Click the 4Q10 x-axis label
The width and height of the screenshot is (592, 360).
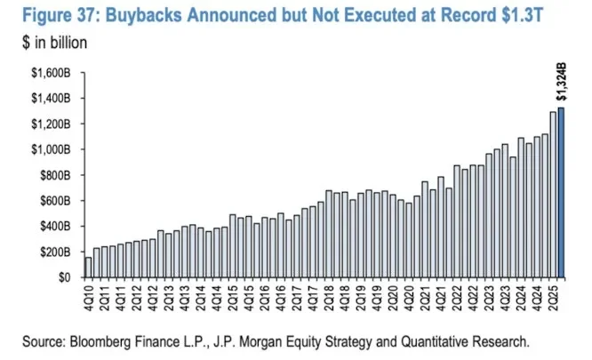[x=89, y=298]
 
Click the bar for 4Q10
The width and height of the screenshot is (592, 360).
[x=89, y=267]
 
